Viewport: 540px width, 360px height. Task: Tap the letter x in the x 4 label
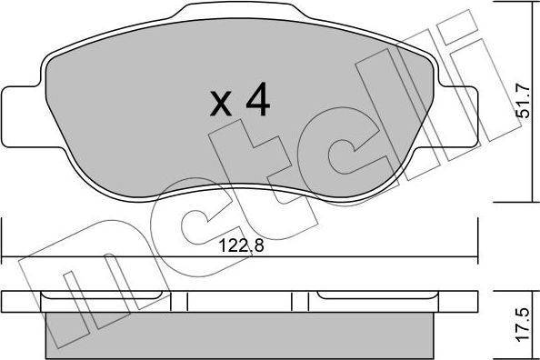(x=221, y=105)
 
